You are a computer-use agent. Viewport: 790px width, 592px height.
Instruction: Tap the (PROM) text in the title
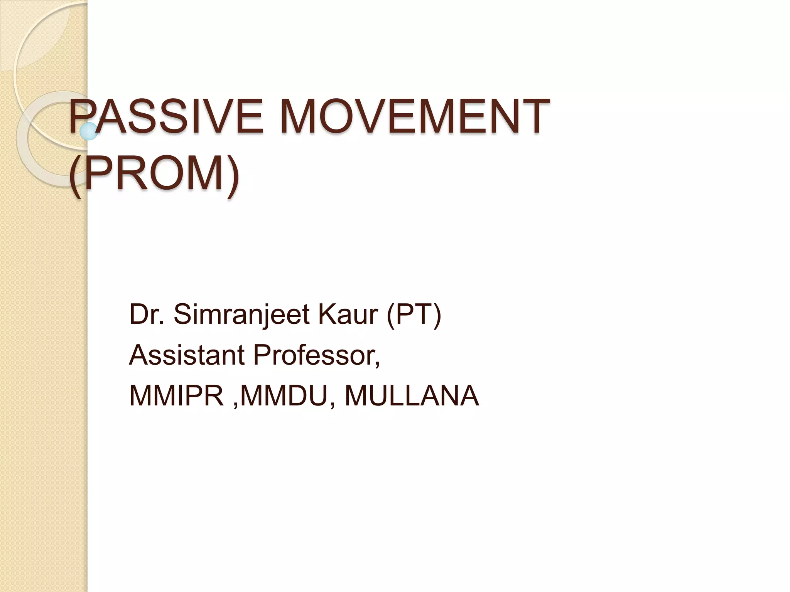154,172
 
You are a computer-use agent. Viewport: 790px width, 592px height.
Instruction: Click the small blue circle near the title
89,131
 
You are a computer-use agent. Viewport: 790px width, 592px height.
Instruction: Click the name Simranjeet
242,315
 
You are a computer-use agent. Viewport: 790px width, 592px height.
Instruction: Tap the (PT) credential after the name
414,315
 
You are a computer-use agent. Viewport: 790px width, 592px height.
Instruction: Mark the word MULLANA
412,395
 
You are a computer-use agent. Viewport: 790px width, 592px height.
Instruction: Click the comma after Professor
377,362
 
